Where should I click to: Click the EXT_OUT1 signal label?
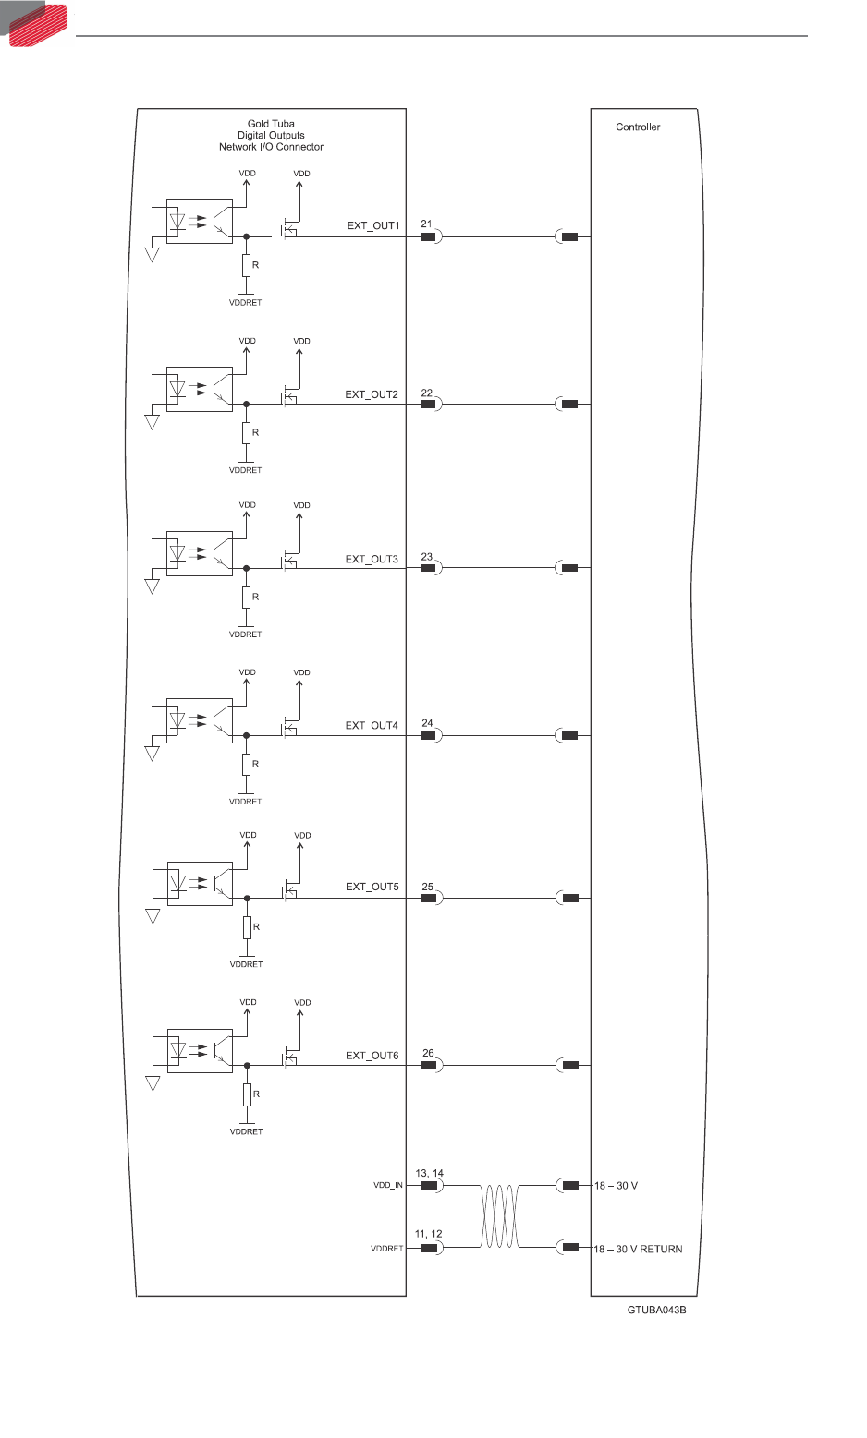point(372,225)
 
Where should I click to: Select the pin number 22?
point(427,393)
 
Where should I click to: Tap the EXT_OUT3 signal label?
point(372,559)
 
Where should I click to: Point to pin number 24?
point(427,723)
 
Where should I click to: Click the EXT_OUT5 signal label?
point(372,887)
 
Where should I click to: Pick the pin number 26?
point(428,1053)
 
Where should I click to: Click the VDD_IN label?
point(388,1185)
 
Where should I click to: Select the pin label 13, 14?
point(429,1173)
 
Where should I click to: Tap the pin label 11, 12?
point(428,1234)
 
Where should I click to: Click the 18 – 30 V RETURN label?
point(638,1249)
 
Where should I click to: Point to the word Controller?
point(638,127)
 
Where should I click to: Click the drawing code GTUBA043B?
point(656,1310)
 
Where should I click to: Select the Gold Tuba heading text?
point(271,124)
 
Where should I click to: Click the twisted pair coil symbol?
point(500,1216)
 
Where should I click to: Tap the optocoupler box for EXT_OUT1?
point(199,222)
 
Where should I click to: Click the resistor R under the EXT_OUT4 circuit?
point(247,764)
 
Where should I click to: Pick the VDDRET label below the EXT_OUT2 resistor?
point(246,470)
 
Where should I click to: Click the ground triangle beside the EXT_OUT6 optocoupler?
point(153,1083)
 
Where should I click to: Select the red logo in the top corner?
point(37,23)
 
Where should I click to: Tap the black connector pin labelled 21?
point(428,236)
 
